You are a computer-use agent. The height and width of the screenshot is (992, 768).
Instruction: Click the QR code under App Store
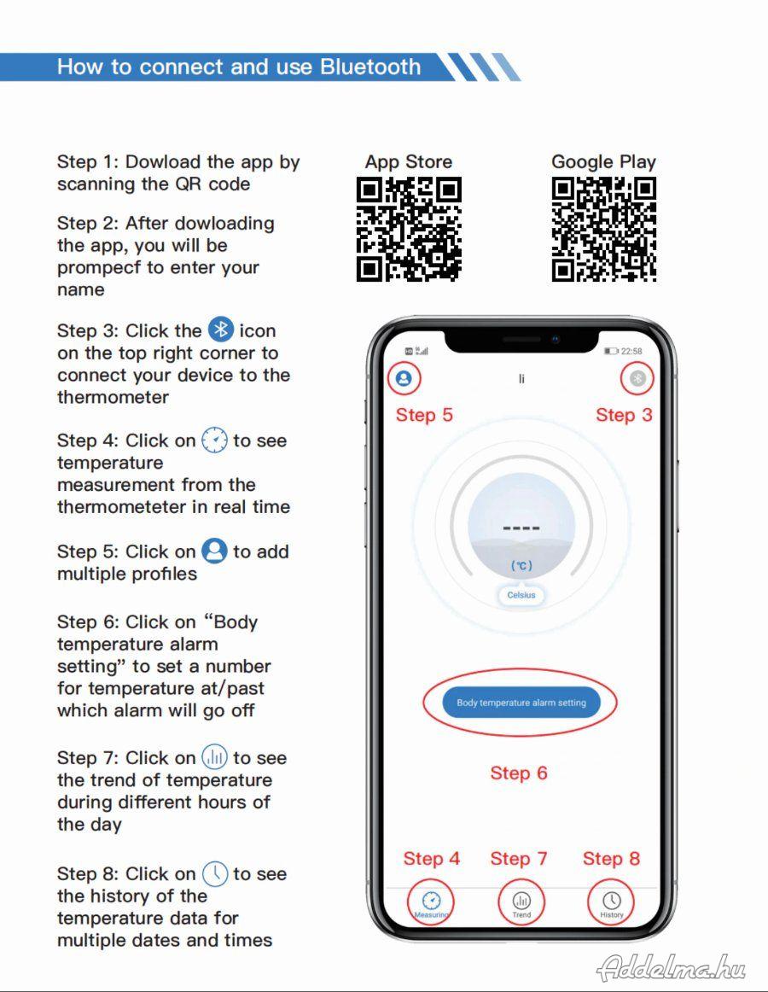tap(409, 229)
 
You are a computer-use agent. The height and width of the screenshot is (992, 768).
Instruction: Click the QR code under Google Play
tap(603, 229)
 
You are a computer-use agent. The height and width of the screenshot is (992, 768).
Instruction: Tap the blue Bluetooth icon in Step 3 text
tap(221, 330)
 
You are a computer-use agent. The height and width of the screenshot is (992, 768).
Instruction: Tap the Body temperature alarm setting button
tap(521, 703)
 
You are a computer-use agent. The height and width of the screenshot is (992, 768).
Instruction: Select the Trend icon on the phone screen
tap(521, 901)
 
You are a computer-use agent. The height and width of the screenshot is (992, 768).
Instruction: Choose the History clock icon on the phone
tap(611, 901)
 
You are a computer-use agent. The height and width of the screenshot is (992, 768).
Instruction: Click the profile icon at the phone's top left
tap(404, 378)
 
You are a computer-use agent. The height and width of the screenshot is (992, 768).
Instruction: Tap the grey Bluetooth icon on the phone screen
tap(637, 378)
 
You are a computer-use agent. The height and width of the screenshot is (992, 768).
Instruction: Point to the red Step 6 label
tap(519, 773)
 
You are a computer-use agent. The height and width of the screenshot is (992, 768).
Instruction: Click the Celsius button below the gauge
tap(521, 595)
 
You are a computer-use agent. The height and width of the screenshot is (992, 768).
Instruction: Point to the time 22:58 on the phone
tap(631, 351)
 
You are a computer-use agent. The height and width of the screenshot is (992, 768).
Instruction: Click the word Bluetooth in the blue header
tap(370, 67)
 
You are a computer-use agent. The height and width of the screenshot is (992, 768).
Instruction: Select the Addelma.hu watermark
tap(672, 966)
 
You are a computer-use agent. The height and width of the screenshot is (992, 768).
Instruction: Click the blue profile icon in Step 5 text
tap(214, 551)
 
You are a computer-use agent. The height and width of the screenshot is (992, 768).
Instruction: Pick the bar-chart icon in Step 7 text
tap(214, 756)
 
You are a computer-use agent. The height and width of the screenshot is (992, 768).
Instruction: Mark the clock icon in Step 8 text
tap(214, 873)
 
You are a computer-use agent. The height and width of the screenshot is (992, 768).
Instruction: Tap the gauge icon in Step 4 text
tap(214, 440)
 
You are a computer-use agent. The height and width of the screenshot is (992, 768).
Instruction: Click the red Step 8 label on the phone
tap(611, 859)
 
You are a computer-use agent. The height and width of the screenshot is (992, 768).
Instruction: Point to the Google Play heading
tap(603, 162)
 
